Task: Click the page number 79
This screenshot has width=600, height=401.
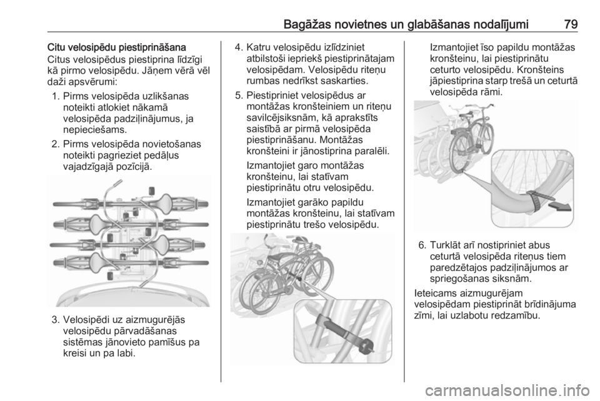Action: pos(570,24)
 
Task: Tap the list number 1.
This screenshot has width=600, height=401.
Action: pos(55,96)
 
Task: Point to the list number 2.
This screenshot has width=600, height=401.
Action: pos(55,144)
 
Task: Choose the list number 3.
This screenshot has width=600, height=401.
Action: pos(55,319)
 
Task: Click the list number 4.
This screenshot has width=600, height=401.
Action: pos(239,47)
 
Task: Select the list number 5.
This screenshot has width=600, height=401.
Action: pos(239,95)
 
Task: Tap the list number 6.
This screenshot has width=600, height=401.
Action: pos(422,245)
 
